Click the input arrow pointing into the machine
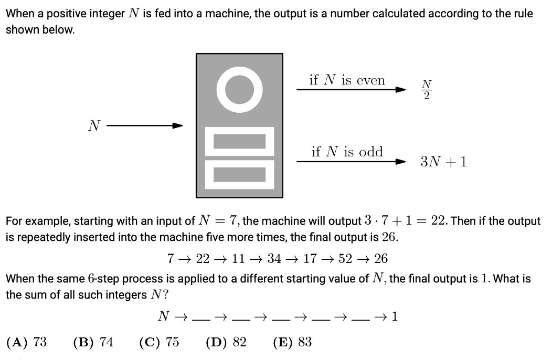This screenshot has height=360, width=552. (x=145, y=125)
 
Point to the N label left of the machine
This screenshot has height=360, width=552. (x=94, y=125)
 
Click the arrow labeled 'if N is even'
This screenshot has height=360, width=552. (x=352, y=89)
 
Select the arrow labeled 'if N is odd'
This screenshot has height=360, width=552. (x=352, y=162)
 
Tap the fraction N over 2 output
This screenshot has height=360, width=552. (x=427, y=90)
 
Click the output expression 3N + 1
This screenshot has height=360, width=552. (x=443, y=162)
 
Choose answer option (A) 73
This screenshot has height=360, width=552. (x=26, y=342)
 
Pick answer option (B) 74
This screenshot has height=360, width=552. (x=93, y=342)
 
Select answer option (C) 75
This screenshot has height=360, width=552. (x=159, y=342)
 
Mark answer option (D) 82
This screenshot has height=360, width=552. (x=226, y=342)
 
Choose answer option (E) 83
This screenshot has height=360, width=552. (x=292, y=342)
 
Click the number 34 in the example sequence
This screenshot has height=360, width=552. (x=274, y=259)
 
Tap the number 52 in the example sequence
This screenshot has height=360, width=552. (x=345, y=259)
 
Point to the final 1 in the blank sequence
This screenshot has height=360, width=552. (x=395, y=316)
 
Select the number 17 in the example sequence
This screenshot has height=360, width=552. (x=310, y=259)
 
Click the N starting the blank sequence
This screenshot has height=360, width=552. (x=163, y=316)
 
